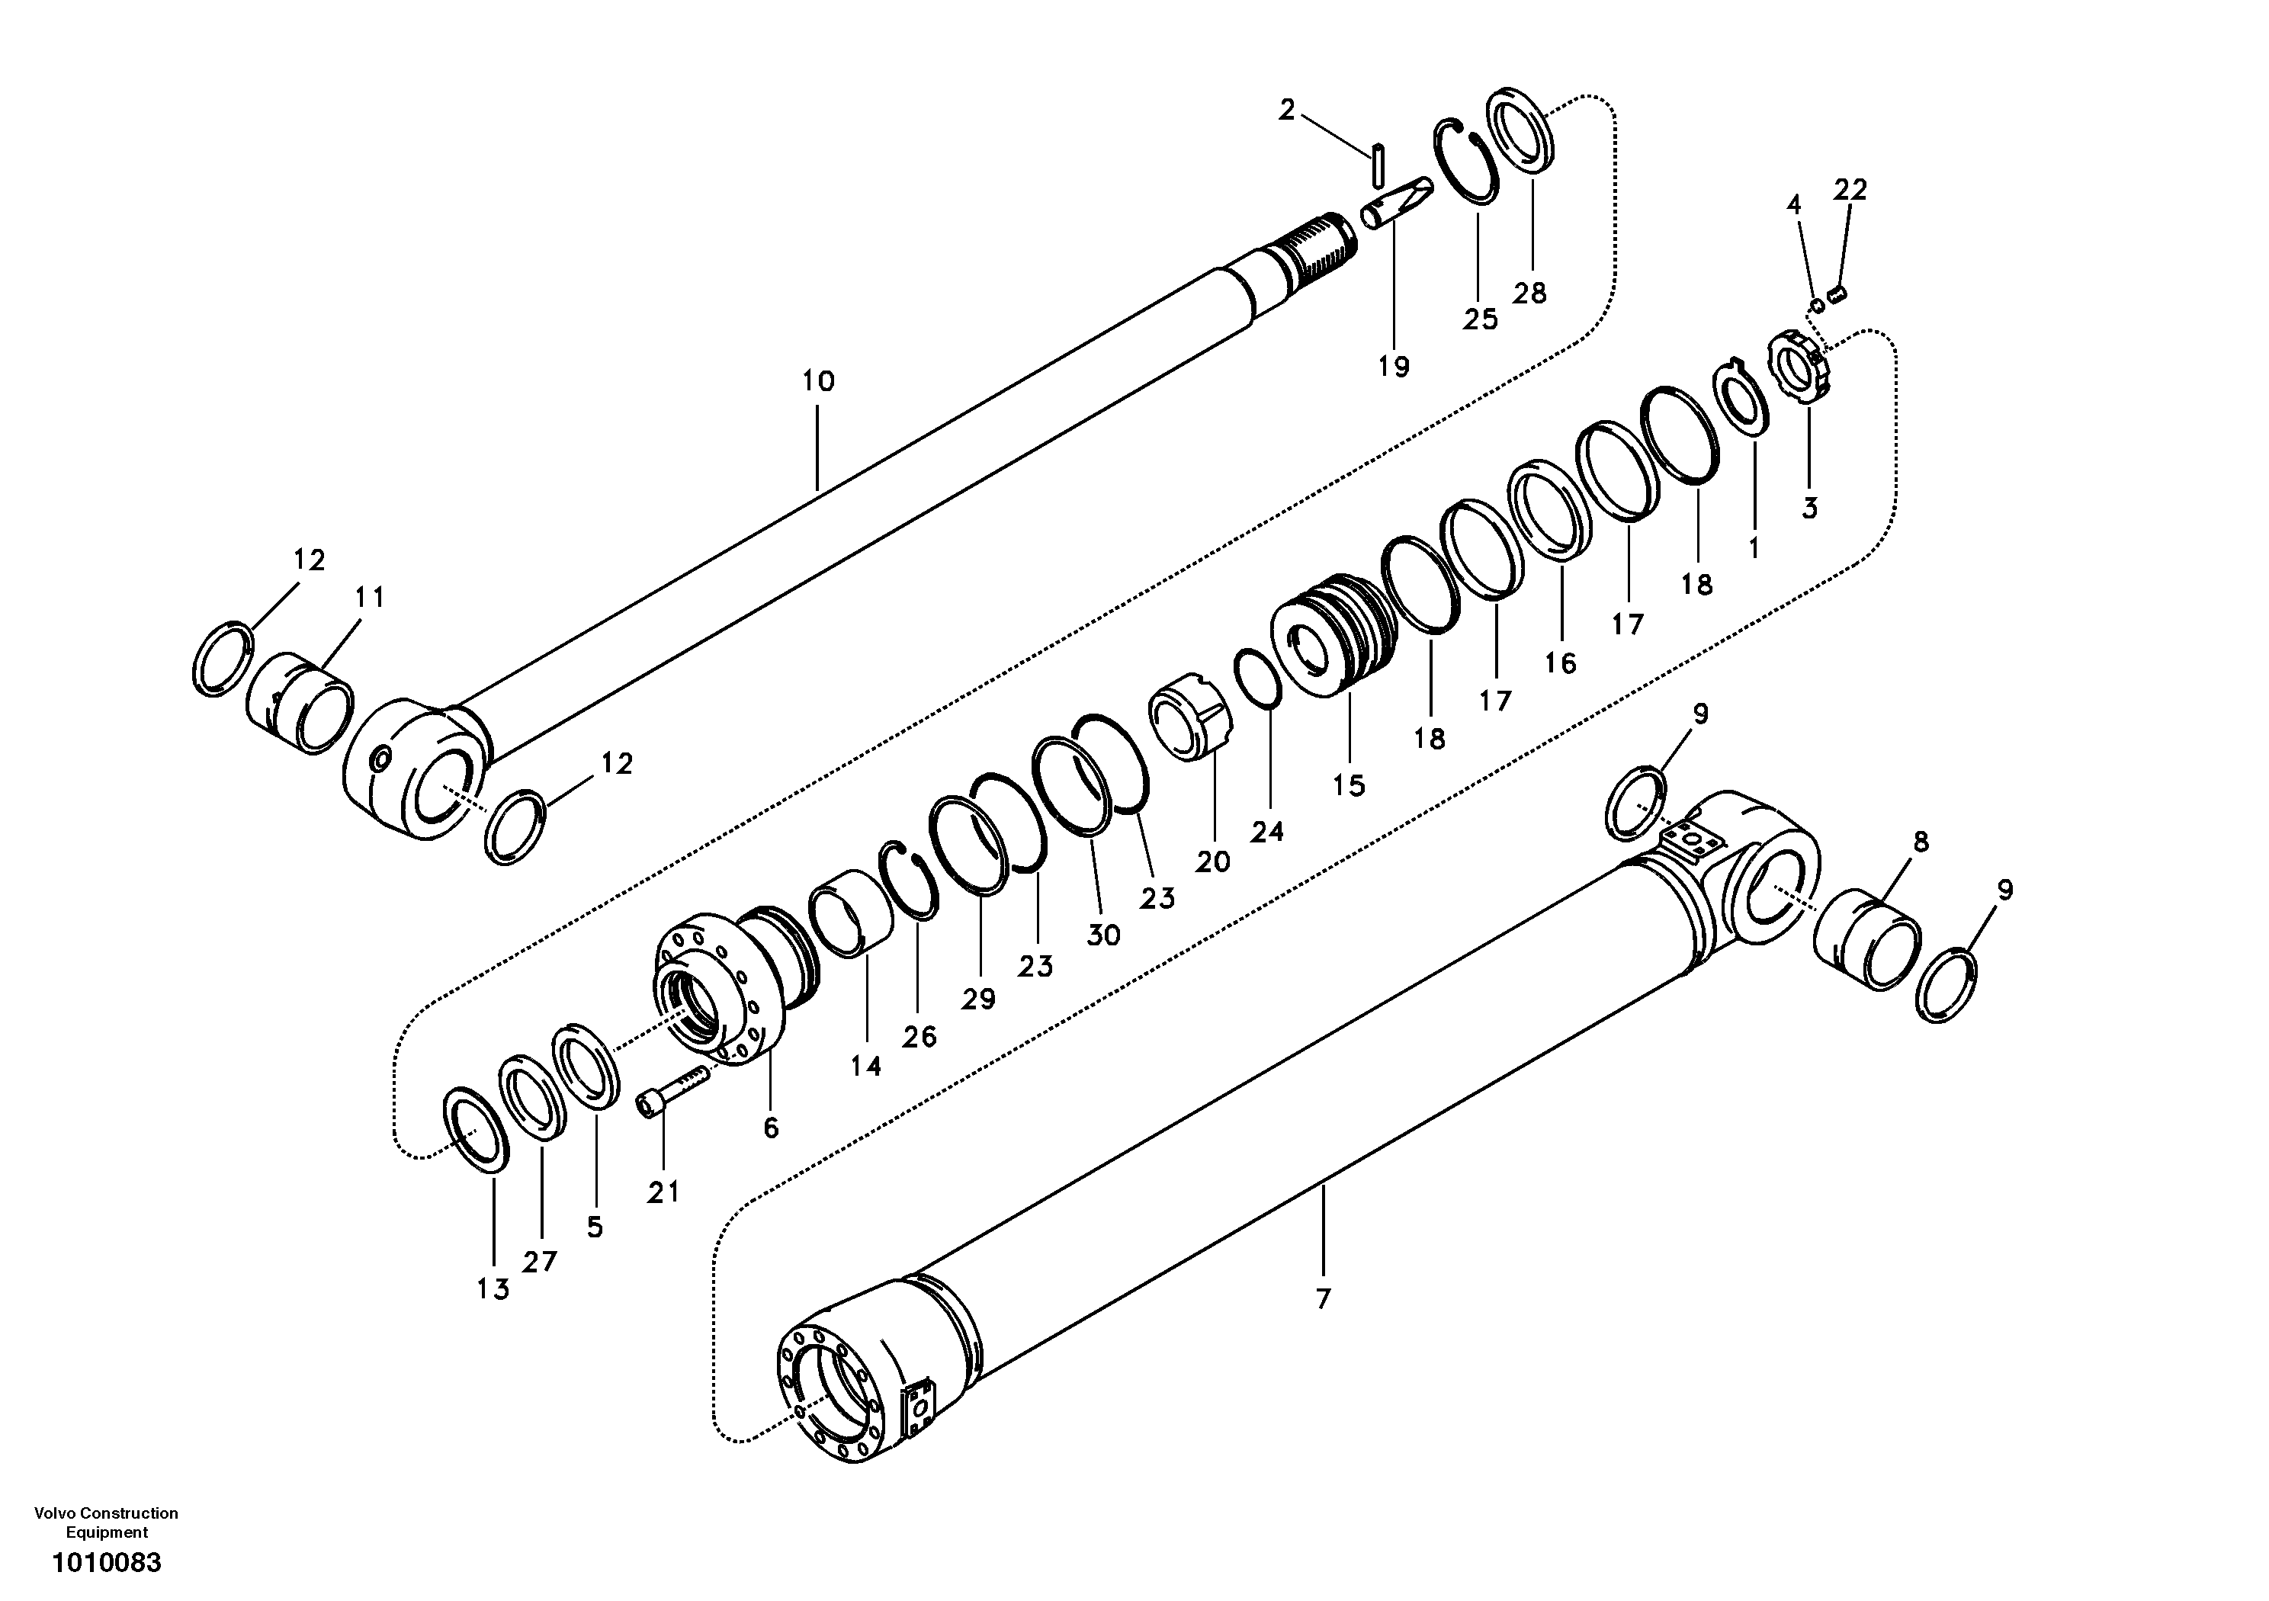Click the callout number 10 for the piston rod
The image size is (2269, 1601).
[x=817, y=381]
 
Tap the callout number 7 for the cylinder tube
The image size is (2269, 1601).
[x=1324, y=1298]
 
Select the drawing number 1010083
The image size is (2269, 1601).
[x=107, y=1564]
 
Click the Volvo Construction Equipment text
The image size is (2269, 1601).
[x=107, y=1522]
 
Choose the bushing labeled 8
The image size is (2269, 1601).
[x=1868, y=938]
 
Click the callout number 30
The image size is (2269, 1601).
[x=1103, y=935]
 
